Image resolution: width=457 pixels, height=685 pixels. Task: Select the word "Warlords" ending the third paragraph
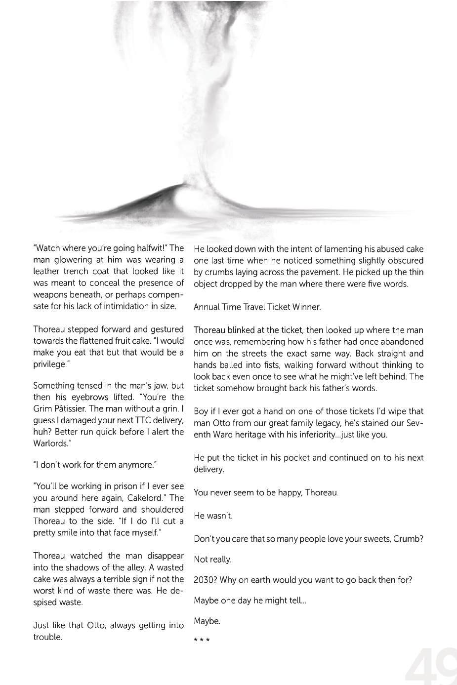[x=50, y=443]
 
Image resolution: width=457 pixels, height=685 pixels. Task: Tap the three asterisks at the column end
[x=202, y=641]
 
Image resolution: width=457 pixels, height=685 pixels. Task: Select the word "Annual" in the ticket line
[x=207, y=307]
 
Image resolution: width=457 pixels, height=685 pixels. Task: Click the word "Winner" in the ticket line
[x=306, y=307]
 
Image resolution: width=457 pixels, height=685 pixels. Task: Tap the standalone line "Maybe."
[x=207, y=621]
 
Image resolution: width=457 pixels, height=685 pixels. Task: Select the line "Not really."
[x=212, y=560]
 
